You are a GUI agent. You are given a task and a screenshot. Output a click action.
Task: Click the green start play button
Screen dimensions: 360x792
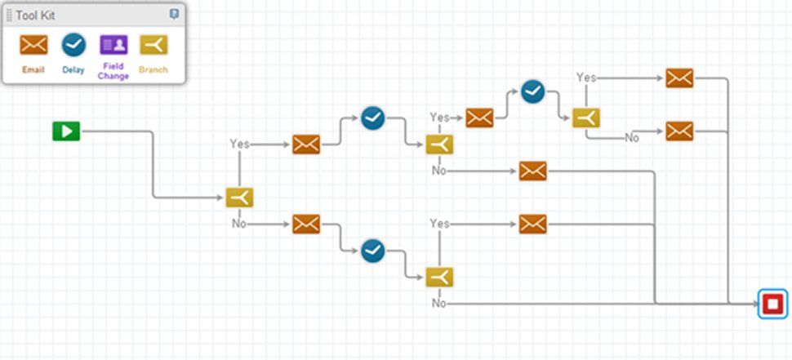click(66, 131)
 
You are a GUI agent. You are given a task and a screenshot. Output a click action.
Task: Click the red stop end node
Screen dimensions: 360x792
click(772, 304)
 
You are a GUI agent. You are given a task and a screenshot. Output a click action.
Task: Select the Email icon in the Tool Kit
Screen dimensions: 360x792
click(33, 45)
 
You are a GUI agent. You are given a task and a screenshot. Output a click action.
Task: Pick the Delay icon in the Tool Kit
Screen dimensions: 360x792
click(73, 45)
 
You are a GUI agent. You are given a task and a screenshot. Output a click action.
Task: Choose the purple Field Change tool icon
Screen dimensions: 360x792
click(113, 45)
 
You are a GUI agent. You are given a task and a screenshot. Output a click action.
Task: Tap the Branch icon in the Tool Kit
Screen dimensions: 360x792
click(153, 45)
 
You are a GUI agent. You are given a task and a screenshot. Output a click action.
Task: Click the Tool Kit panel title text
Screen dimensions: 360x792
click(36, 16)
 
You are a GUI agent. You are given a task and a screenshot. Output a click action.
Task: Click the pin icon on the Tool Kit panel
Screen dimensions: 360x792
click(174, 15)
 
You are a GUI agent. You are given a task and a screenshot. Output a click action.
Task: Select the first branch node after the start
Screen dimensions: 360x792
click(240, 198)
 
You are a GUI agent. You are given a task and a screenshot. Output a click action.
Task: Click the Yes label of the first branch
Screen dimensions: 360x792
click(239, 144)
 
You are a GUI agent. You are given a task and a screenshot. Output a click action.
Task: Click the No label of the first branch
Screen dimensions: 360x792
click(238, 223)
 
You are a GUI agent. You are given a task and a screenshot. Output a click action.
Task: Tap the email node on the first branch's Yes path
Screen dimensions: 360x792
click(306, 144)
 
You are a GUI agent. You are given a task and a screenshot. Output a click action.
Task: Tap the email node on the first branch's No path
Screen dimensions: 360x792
click(306, 223)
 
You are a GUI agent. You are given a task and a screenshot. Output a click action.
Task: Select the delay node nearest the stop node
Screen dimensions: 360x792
click(532, 91)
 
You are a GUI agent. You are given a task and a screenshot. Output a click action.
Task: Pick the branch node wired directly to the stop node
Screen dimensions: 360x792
click(439, 278)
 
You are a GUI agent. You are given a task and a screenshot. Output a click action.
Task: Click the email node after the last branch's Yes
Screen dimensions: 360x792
click(679, 78)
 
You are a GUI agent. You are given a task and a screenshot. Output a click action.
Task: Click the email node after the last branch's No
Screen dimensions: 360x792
click(679, 131)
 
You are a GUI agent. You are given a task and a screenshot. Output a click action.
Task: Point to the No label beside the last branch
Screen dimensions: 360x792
click(632, 137)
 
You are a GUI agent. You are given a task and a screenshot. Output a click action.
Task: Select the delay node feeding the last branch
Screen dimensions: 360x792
click(532, 91)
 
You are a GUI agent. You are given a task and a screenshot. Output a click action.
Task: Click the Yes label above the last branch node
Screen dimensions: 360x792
click(585, 78)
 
